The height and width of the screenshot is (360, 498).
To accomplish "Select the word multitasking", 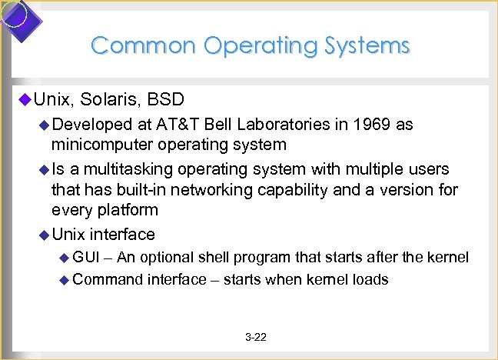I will coord(125,168).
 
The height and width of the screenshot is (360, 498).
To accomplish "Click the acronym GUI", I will coord(87,256).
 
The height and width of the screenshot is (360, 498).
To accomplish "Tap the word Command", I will coord(107,279).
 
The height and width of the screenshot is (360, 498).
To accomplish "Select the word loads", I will coord(369,279).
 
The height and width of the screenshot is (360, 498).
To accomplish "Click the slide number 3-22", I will coord(255,337).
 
